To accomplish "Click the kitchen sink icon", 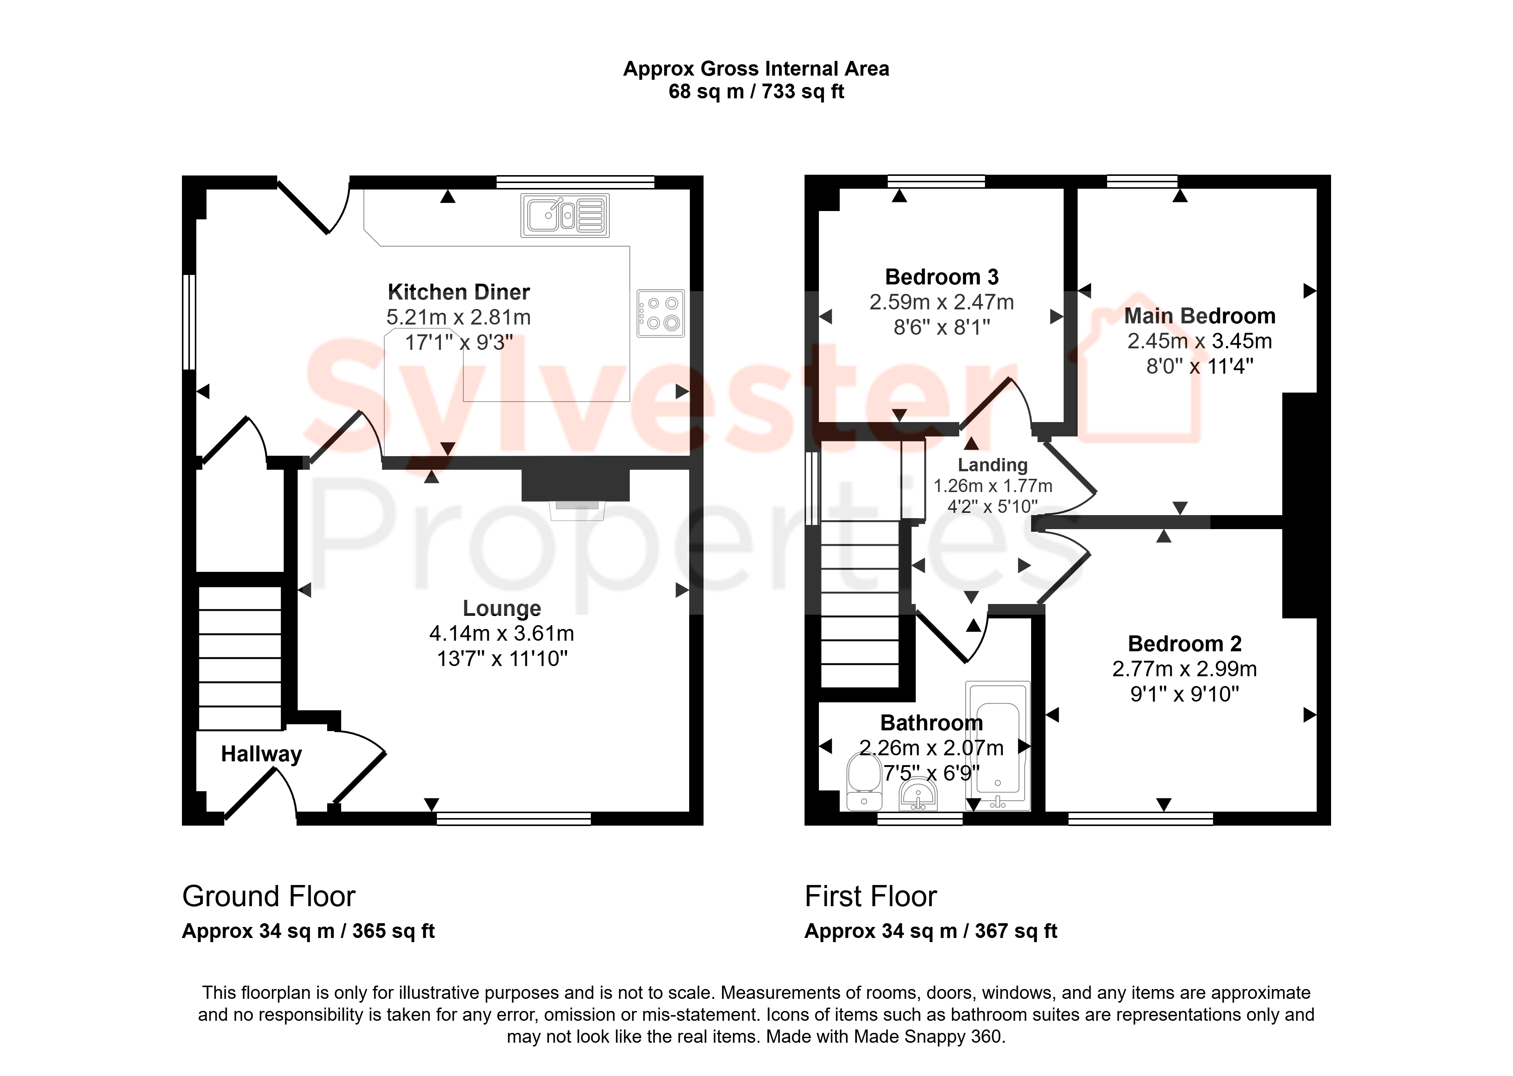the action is click(x=565, y=215).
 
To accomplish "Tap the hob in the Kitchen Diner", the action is click(x=660, y=314).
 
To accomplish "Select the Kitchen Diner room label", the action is click(x=458, y=292).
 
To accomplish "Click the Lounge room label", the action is click(x=502, y=608).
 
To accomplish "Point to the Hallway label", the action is click(x=261, y=754).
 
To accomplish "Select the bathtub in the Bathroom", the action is click(x=997, y=745).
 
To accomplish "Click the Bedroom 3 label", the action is click(x=941, y=277).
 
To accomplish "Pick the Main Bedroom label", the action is click(x=1200, y=316).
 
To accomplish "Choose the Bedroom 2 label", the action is click(x=1184, y=644).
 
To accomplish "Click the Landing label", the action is click(x=992, y=465).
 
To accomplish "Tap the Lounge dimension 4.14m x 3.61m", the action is click(x=502, y=633).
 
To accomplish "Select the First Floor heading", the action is click(x=870, y=896).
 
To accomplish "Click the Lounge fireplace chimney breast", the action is click(x=575, y=485).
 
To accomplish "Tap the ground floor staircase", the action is click(x=240, y=658).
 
